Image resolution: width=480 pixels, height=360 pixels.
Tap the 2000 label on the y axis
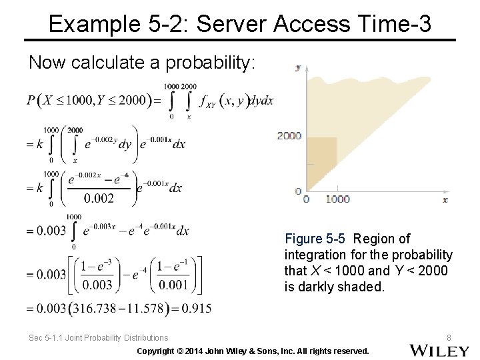289,135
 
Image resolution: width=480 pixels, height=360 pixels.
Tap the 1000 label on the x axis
337,199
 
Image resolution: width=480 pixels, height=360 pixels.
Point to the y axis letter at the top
298,67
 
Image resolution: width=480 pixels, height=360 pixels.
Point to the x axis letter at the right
445,199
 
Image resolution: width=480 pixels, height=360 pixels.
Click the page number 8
449,338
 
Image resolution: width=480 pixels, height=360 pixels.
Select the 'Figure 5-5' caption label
315,239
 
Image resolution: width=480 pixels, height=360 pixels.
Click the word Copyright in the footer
158,351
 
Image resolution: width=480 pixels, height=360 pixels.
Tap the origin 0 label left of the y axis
299,191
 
